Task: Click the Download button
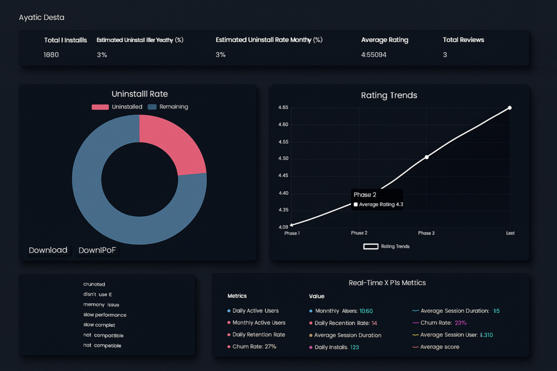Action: pos(48,250)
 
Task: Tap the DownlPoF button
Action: pos(97,250)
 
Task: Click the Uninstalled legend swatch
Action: pos(100,107)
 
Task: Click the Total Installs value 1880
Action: pos(51,55)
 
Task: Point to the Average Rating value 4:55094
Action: pos(374,55)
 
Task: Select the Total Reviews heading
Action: pos(463,40)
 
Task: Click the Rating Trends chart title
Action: pos(389,95)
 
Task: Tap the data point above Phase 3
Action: pos(426,157)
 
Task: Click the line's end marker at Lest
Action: pos(510,108)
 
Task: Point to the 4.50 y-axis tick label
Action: pos(282,159)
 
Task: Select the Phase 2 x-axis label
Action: pos(358,233)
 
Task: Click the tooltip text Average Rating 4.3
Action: pos(381,205)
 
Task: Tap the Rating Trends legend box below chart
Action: pos(370,246)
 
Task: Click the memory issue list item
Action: pos(101,305)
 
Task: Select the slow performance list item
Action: pos(104,315)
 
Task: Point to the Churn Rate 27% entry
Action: pos(254,347)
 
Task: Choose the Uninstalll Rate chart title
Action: pos(139,94)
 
